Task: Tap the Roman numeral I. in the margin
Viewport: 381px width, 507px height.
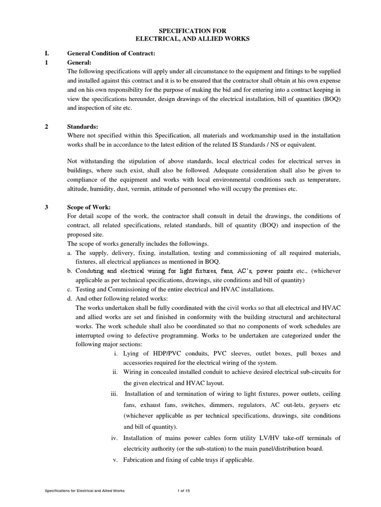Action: (47, 53)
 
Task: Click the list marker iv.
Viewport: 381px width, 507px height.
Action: (114, 437)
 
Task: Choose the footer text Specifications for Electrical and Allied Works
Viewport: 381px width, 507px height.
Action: (85, 490)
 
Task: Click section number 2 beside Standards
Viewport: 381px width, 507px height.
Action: (46, 127)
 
